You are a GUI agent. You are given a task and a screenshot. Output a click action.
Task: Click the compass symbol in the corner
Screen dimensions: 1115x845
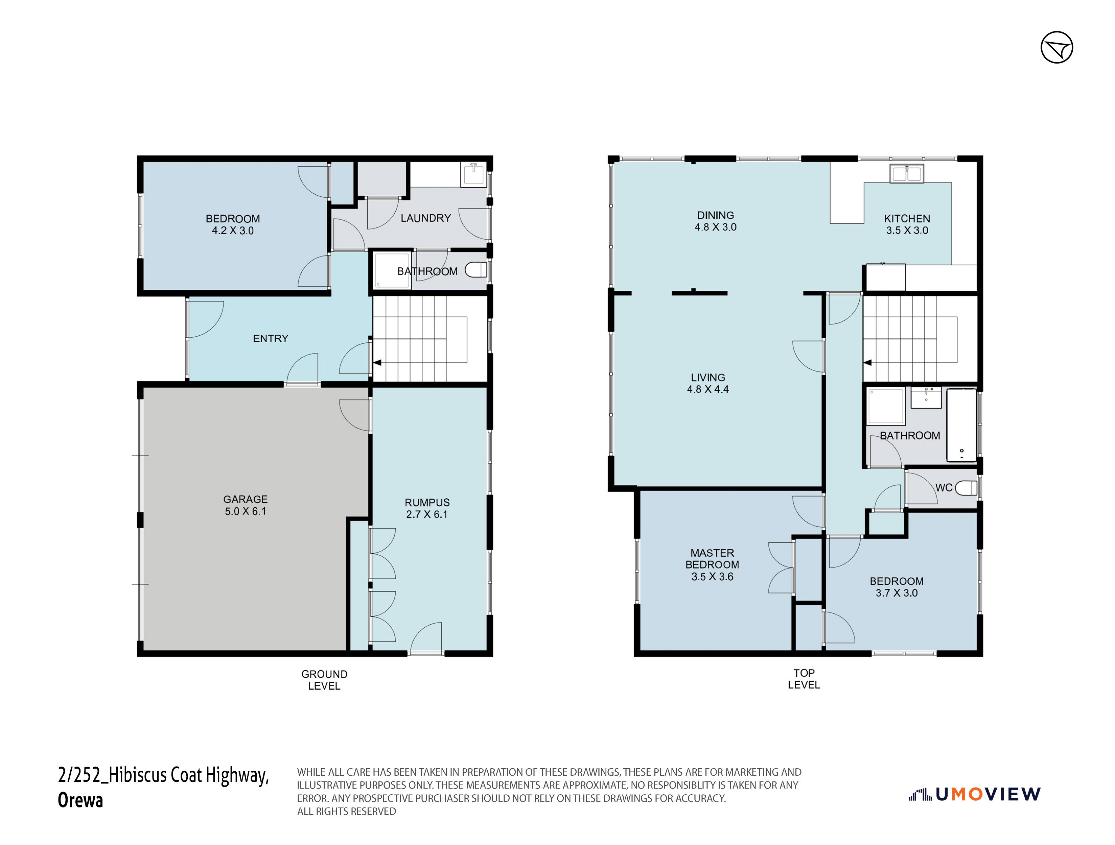point(1056,47)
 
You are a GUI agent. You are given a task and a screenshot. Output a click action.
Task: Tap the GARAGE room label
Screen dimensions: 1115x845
point(246,499)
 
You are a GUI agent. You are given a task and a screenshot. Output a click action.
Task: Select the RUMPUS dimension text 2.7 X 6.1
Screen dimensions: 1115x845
point(426,514)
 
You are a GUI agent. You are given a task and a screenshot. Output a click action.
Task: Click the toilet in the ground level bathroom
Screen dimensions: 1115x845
point(476,270)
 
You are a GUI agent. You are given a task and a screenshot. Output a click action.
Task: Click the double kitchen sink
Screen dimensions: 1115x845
point(906,173)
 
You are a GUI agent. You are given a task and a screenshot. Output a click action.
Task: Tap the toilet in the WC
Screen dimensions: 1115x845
point(966,488)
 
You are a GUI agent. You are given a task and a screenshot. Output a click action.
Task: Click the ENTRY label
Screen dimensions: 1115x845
point(271,339)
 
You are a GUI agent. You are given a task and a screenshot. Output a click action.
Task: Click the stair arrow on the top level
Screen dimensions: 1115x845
point(867,363)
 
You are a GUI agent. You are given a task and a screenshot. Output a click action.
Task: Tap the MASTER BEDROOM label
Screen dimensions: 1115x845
point(712,559)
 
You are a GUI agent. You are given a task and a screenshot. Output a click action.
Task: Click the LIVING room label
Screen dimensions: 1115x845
point(708,378)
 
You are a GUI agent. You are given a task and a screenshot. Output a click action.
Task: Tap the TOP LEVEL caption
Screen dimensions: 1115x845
point(804,679)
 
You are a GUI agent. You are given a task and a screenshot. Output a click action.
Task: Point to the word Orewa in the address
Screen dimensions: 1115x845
point(80,800)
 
